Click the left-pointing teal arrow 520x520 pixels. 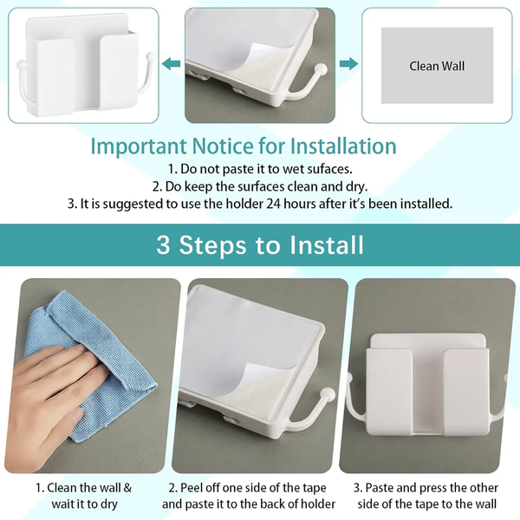tap(173, 63)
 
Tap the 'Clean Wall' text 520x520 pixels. tap(437, 66)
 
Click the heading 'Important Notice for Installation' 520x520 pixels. tap(244, 146)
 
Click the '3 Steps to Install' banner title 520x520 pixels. tap(260, 244)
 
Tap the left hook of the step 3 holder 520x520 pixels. tap(355, 407)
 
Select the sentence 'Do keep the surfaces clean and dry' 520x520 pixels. tap(259, 187)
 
